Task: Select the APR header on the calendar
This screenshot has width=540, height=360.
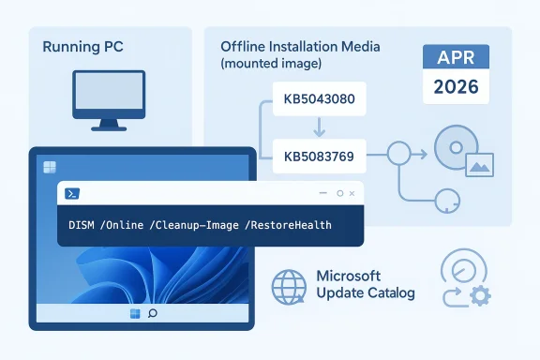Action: click(456, 58)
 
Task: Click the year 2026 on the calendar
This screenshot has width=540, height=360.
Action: click(456, 89)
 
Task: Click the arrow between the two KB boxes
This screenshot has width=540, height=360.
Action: click(317, 127)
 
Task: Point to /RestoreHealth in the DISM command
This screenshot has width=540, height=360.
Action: click(287, 226)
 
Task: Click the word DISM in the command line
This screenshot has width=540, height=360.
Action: click(84, 226)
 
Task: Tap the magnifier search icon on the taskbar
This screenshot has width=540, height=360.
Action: click(153, 312)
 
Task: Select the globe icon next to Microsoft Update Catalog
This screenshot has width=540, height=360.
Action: click(288, 286)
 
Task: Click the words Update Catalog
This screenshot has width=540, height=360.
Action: click(366, 294)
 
